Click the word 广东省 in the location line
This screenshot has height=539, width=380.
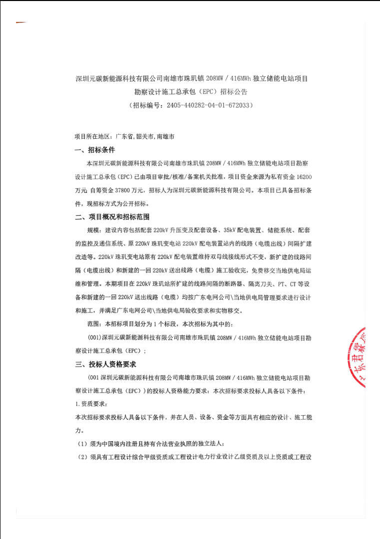[x=124, y=136]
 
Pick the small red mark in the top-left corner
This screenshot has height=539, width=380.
[x=20, y=23]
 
